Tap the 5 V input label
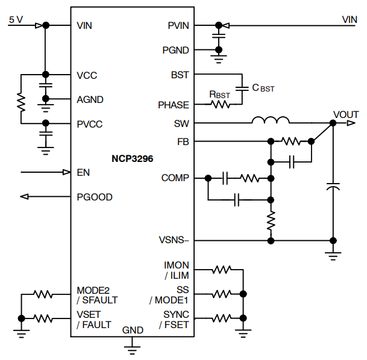16,19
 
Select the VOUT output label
345,114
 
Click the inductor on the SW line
271,122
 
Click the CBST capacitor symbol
242,88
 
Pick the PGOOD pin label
94,197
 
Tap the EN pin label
83,172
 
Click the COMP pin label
175,178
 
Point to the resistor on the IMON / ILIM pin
221,270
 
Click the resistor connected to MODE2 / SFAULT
43,294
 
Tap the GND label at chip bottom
133,330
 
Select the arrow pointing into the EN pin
66,172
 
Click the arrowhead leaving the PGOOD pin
25,197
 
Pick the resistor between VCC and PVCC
21,102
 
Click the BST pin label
180,75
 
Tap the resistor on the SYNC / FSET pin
221,318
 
